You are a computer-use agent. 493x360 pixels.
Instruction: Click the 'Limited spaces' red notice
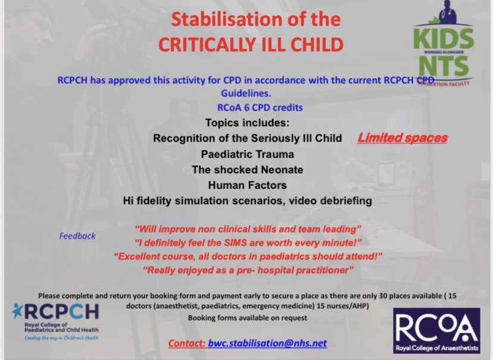(x=402, y=138)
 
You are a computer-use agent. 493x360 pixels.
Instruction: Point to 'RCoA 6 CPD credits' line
(x=260, y=108)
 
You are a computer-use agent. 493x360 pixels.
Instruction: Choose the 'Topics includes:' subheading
(x=246, y=123)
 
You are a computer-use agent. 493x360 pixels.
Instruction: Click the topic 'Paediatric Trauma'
(x=247, y=154)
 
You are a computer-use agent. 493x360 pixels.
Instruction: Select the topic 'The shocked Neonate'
(x=247, y=170)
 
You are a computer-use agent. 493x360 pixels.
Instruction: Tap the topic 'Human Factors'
(x=247, y=185)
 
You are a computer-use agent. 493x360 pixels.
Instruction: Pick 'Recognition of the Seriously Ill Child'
(x=247, y=138)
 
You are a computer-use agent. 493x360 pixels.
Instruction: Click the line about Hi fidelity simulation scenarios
(x=247, y=201)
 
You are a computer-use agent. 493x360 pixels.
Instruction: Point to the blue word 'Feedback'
(x=77, y=236)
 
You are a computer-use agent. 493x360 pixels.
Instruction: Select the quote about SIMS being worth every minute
(x=248, y=242)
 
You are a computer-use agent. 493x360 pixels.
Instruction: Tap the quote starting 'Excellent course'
(x=248, y=256)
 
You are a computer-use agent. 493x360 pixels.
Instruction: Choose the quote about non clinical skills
(x=248, y=228)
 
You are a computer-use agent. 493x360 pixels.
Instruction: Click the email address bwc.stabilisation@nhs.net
(x=267, y=343)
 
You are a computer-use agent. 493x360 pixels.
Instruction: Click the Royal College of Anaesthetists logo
(x=436, y=331)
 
